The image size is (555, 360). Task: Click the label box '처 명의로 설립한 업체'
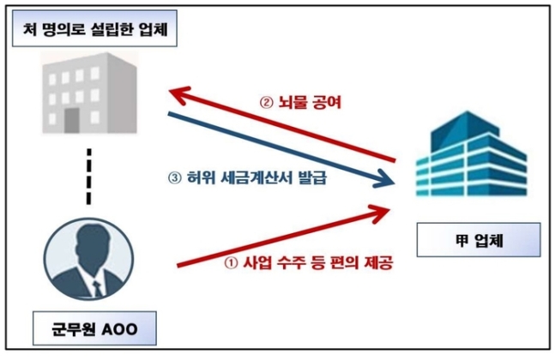(94, 28)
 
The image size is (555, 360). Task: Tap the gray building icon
(89, 93)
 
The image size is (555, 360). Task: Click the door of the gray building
(72, 121)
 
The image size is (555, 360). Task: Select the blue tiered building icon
(472, 154)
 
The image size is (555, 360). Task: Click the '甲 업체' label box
(479, 240)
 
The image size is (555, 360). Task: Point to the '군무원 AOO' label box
(94, 328)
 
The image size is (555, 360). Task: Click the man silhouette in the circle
(89, 259)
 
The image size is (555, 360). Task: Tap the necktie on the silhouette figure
(97, 288)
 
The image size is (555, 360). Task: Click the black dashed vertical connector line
(89, 177)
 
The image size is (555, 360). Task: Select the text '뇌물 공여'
(310, 102)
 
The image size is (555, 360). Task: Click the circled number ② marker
(267, 103)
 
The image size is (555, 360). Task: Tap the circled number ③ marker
(175, 178)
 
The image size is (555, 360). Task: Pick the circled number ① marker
(231, 263)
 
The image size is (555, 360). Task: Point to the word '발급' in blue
(312, 177)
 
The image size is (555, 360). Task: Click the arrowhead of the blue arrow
(386, 180)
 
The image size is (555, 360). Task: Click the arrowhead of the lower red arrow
(380, 213)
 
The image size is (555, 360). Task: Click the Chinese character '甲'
(461, 241)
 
